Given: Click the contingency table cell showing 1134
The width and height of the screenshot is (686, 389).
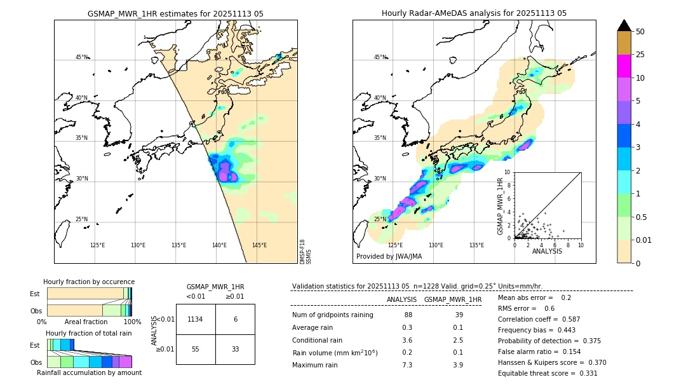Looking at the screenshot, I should pos(195,319).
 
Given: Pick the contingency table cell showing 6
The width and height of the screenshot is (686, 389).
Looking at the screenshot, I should pos(235,319).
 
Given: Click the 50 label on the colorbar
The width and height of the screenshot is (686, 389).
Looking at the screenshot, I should pos(640,31).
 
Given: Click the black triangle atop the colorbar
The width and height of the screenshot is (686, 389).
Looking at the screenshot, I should pos(624,25).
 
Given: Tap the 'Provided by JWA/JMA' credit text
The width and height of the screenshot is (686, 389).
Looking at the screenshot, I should pos(389,256).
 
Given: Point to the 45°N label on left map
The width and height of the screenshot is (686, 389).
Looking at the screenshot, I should pos(81,57).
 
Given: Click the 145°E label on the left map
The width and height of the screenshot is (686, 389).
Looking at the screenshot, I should pos(259,245).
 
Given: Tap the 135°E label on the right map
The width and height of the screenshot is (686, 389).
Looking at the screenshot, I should pos(476,245).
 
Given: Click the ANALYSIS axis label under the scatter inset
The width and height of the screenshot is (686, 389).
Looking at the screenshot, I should pos(547,251).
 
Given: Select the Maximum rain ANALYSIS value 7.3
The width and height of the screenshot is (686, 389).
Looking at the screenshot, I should pos(407,365).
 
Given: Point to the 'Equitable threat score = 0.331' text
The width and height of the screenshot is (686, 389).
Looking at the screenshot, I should pos(548,373).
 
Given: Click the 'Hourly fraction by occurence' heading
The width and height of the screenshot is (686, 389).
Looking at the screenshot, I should pos(89,282).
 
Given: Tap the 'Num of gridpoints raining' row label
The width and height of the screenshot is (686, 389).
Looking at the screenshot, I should pos(333,315).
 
